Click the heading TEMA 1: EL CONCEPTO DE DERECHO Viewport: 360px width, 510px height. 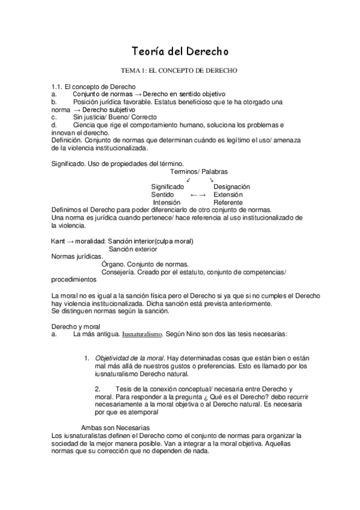tap(179, 70)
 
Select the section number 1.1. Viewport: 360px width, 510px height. tap(57, 87)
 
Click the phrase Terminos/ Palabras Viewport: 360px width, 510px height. tap(195, 171)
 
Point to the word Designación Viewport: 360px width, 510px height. tap(231, 187)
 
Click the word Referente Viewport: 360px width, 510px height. tap(228, 203)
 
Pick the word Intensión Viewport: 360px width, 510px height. tap(166, 203)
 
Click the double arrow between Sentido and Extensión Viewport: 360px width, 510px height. tap(198, 195)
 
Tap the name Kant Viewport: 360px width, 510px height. tap(59, 241)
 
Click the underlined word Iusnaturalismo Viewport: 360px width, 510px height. tap(142, 333)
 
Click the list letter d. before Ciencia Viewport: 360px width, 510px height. tap(54, 124)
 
